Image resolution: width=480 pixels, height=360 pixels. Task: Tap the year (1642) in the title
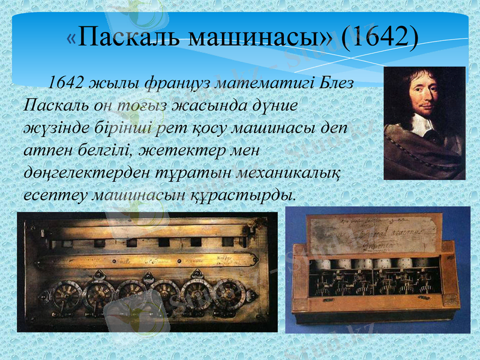[379, 37]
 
